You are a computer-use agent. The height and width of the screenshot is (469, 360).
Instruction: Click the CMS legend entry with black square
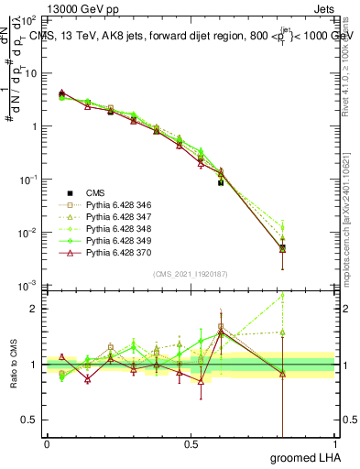click(96, 192)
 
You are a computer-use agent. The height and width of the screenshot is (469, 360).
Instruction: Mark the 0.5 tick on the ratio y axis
click(31, 420)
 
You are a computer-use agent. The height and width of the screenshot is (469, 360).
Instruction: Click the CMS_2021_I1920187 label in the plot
click(191, 274)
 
